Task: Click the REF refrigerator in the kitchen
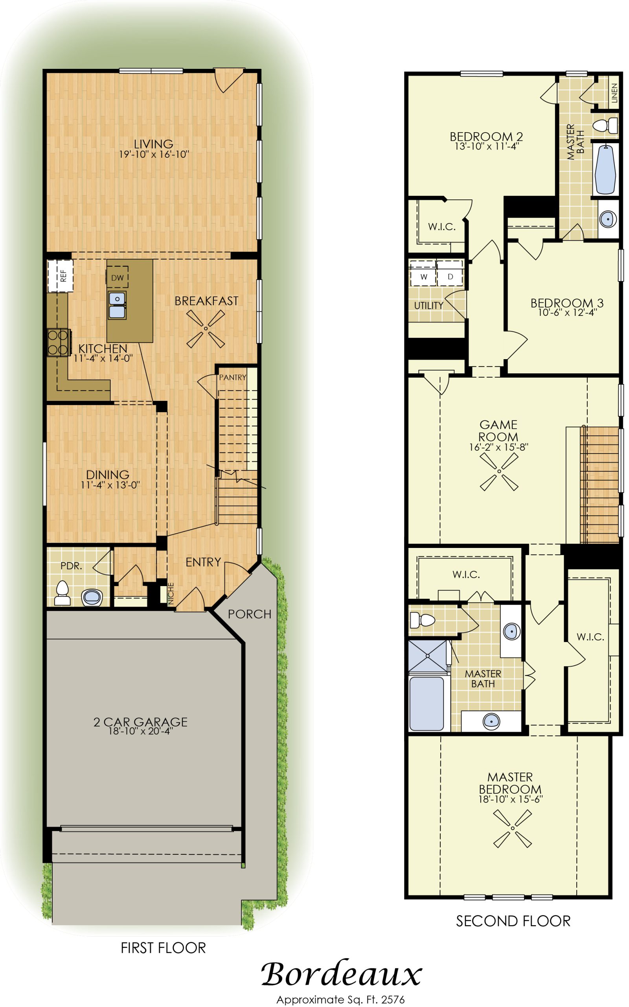(x=60, y=275)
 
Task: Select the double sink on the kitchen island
(x=117, y=305)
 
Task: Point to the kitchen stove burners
(x=58, y=343)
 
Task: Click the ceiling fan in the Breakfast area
(x=206, y=329)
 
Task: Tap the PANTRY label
(x=233, y=377)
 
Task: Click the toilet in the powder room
(x=63, y=593)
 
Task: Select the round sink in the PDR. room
(x=92, y=597)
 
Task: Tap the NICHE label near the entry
(x=171, y=593)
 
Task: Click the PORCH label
(x=250, y=614)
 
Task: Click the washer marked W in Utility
(x=423, y=276)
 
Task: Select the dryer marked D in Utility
(x=450, y=276)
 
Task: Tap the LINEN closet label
(x=614, y=93)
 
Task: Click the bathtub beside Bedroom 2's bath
(x=606, y=169)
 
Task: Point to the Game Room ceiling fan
(x=499, y=472)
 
